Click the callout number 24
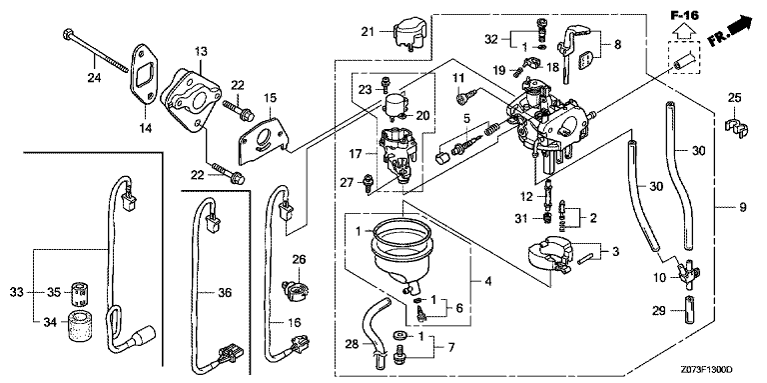[94, 77]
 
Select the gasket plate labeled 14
[143, 74]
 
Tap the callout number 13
[201, 51]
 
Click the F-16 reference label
[684, 16]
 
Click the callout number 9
[743, 208]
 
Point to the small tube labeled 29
[686, 310]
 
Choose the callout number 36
[223, 293]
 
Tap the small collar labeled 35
[79, 293]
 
